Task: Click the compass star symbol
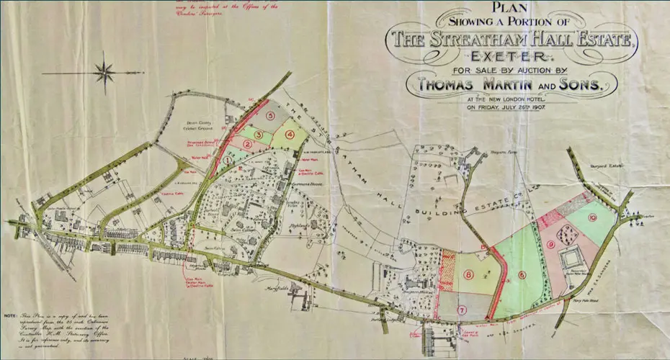tap(105, 72)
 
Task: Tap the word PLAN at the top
tap(510, 8)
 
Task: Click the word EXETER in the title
tap(511, 55)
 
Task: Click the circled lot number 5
tap(271, 114)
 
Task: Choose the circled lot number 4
tap(290, 133)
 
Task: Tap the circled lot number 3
tap(258, 135)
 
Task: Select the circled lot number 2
tap(246, 144)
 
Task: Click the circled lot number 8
tap(469, 274)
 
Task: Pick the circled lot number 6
tap(521, 274)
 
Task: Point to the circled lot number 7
tap(463, 310)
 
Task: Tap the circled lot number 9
tap(550, 245)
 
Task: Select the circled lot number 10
tap(592, 217)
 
